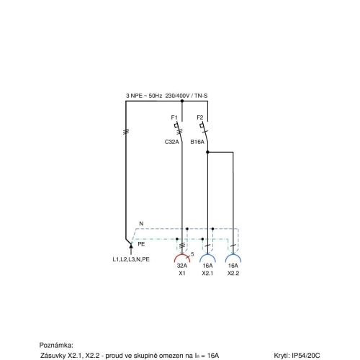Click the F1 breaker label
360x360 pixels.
click(x=174, y=117)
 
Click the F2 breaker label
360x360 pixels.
click(x=200, y=117)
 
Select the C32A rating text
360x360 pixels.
click(x=172, y=142)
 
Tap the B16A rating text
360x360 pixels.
click(x=197, y=142)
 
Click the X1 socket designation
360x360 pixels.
click(x=182, y=273)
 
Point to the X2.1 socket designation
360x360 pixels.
click(x=207, y=273)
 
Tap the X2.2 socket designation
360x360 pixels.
click(x=233, y=273)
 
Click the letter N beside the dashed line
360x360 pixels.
click(x=141, y=224)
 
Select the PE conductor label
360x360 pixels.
click(x=141, y=244)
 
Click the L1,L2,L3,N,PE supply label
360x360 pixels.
click(x=131, y=259)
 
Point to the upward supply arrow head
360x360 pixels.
click(x=131, y=245)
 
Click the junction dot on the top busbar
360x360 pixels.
click(x=182, y=101)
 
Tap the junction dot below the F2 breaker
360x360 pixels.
click(x=207, y=152)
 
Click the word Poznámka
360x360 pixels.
click(x=56, y=346)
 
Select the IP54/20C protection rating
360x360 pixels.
click(x=306, y=356)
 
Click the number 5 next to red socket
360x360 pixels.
click(x=192, y=254)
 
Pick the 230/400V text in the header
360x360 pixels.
click(x=177, y=96)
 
